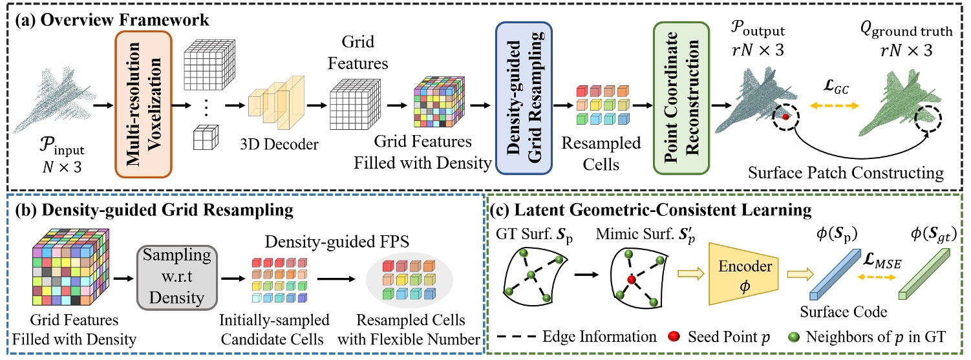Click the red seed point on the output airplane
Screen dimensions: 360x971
pyautogui.click(x=786, y=116)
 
